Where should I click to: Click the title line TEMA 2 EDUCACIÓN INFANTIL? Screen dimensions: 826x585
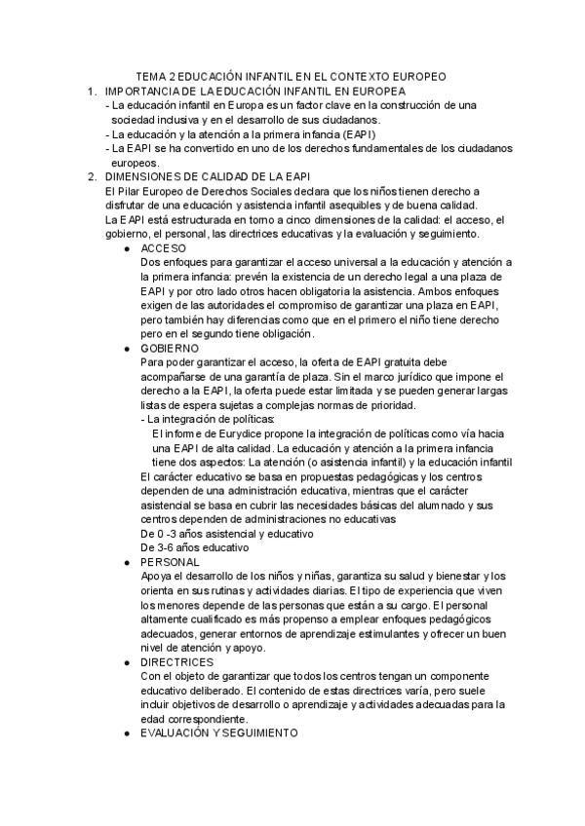(x=291, y=75)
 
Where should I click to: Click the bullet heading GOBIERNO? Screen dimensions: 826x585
(x=170, y=348)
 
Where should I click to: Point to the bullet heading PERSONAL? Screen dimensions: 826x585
(x=171, y=562)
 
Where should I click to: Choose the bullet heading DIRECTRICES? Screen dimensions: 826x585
(x=176, y=661)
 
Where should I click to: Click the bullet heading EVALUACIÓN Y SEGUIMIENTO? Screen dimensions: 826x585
(x=219, y=732)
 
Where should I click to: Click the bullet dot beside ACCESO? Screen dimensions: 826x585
(x=129, y=250)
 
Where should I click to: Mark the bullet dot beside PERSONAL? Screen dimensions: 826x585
(x=129, y=563)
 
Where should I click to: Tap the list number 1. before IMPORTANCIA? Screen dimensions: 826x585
(x=92, y=91)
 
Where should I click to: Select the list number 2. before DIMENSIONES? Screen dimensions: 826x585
(x=92, y=176)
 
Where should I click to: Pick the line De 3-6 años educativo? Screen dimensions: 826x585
(x=195, y=547)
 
